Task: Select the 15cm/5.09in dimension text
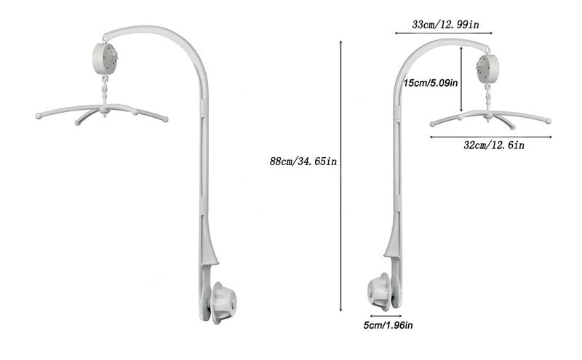point(431,83)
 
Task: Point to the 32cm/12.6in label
point(494,145)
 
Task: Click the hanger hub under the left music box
point(107,111)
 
